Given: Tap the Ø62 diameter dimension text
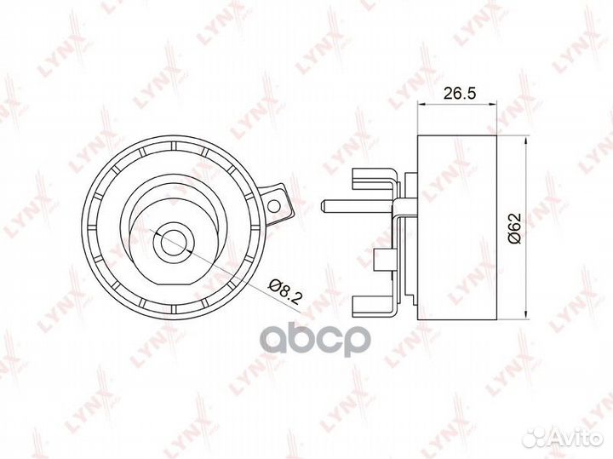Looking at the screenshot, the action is pos(515,228).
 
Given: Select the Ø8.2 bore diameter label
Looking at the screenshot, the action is pos(284,292).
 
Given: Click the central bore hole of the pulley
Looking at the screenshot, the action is pos(173,241).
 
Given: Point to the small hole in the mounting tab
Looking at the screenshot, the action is pos(275,205).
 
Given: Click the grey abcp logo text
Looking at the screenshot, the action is pos(315,340).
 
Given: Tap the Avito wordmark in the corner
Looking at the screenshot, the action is pos(578,438).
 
